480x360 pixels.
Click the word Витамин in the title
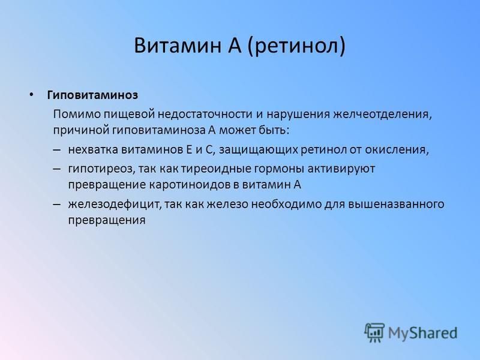coord(178,46)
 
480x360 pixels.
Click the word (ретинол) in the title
coord(296,46)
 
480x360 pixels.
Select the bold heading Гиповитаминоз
coord(92,95)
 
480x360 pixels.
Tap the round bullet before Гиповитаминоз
coord(31,95)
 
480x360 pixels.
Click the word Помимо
coord(76,114)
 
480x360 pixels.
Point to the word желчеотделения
coord(383,115)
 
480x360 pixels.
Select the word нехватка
coord(93,149)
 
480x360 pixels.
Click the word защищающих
coord(259,151)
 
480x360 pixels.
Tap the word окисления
coord(397,151)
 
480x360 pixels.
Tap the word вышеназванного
coord(396,204)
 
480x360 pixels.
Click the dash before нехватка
coord(57,150)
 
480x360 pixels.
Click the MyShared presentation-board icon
coord(374,332)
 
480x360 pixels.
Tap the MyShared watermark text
coord(423,333)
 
